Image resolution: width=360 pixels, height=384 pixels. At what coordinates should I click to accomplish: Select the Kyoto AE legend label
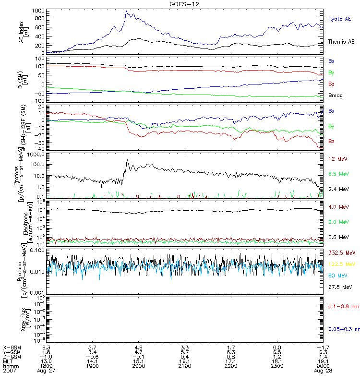339,19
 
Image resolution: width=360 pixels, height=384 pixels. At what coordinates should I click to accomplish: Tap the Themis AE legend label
341,42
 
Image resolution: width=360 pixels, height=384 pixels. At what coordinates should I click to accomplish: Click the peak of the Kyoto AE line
126,11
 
